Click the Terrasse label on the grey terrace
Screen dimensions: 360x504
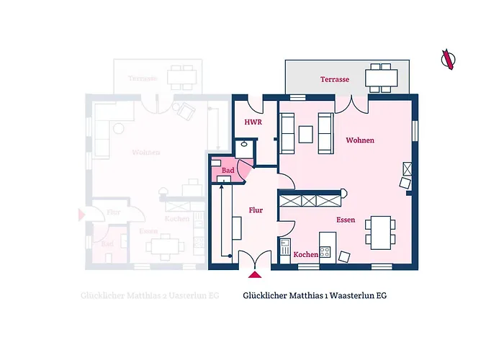click(336, 79)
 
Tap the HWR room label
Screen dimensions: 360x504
click(252, 123)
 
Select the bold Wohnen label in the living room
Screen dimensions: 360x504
click(360, 140)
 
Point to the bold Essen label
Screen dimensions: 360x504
click(346, 219)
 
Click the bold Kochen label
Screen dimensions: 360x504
click(306, 255)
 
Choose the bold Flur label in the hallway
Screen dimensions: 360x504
click(256, 210)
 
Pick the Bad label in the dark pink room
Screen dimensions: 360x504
click(228, 170)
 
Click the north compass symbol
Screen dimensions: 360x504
click(449, 59)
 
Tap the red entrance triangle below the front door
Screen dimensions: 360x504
click(254, 274)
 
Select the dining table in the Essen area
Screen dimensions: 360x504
click(379, 231)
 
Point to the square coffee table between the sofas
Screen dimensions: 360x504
click(306, 134)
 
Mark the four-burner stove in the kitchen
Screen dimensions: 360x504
click(325, 252)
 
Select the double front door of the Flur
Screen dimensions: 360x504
click(254, 258)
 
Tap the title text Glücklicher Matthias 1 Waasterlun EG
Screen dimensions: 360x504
click(315, 295)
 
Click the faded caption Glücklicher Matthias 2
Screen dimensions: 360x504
click(141, 295)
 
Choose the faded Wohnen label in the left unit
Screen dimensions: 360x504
click(145, 153)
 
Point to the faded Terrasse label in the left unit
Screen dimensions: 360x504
click(143, 78)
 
